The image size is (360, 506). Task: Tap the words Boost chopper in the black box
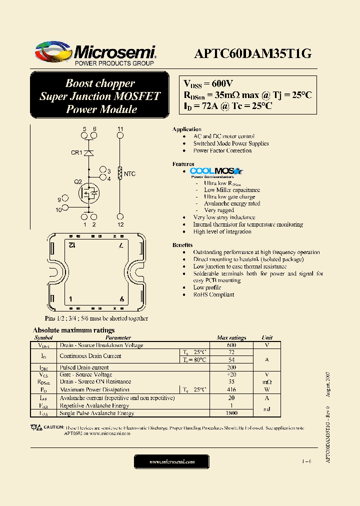tap(100, 83)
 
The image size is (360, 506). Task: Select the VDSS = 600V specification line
tap(209, 84)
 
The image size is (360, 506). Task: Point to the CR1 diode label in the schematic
tap(76, 152)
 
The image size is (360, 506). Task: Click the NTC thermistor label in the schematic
tap(129, 173)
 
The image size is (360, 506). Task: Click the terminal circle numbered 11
tap(120, 135)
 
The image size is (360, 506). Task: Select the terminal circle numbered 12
tap(120, 217)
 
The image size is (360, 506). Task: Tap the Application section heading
tap(186, 129)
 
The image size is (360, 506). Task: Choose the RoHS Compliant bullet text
tap(213, 294)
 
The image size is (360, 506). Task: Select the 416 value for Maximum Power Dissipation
tap(231, 389)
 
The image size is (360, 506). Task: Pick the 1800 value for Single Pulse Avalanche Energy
tap(231, 413)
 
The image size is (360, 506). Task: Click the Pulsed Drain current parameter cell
tap(84, 367)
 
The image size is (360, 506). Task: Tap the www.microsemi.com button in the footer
tap(171, 462)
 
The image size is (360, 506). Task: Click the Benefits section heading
tap(182, 245)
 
